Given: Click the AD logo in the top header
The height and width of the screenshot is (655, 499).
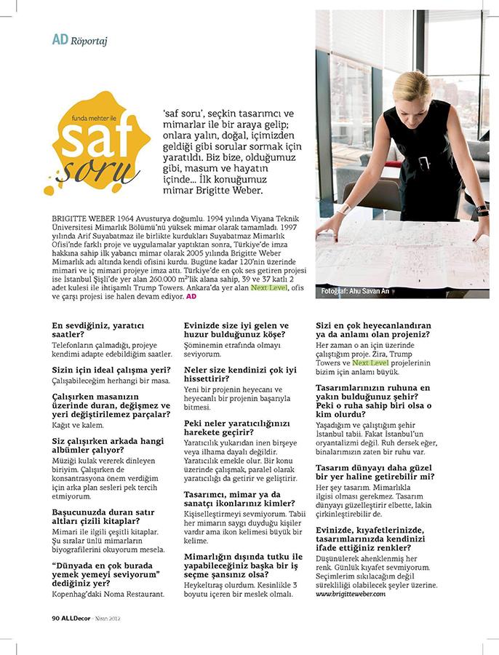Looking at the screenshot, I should (x=60, y=39).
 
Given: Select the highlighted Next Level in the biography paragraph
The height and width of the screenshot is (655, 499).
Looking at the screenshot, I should (x=268, y=287).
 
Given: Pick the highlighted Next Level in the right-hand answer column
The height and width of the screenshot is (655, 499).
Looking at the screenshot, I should (x=370, y=362).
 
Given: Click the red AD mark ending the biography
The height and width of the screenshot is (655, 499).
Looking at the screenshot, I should (x=191, y=297).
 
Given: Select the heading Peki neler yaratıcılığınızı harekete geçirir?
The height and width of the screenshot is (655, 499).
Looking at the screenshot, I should (x=237, y=427).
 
